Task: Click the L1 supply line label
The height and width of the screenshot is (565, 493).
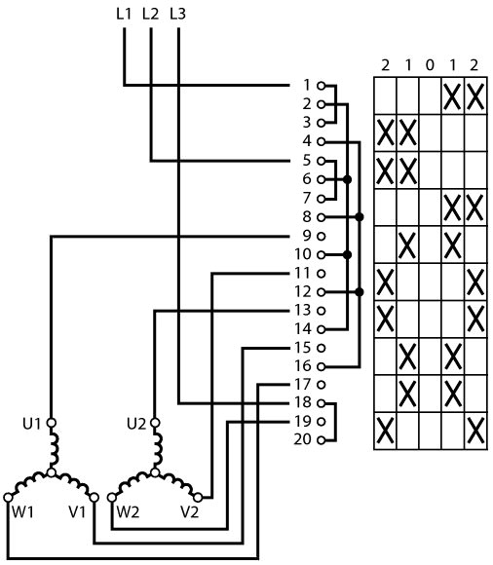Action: [124, 14]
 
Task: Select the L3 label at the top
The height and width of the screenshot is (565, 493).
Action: [177, 14]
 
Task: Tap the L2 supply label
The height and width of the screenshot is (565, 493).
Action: [151, 14]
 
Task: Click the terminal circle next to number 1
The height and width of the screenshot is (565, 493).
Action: [322, 86]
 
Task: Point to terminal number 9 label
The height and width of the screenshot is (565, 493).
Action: [306, 236]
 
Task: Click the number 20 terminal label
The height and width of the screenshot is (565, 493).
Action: [302, 439]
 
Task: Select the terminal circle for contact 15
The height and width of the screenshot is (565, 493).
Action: [322, 348]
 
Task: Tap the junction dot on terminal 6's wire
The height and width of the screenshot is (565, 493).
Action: [348, 179]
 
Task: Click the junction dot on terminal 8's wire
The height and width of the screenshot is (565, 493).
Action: [360, 217]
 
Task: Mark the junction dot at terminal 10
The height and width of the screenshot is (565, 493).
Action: [348, 255]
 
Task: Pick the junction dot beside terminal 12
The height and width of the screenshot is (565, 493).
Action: [360, 292]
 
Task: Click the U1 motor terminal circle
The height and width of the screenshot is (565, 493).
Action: [52, 423]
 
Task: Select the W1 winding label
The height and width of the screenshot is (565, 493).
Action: [23, 511]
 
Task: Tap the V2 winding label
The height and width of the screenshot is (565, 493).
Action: [190, 511]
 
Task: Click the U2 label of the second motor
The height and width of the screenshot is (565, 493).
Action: [136, 424]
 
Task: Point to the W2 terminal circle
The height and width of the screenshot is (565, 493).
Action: [112, 498]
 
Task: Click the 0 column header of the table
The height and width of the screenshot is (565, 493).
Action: [430, 65]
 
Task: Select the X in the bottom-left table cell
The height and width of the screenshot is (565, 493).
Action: [385, 431]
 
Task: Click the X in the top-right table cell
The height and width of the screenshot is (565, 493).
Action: [475, 96]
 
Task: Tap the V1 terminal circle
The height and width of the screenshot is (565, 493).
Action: [95, 498]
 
